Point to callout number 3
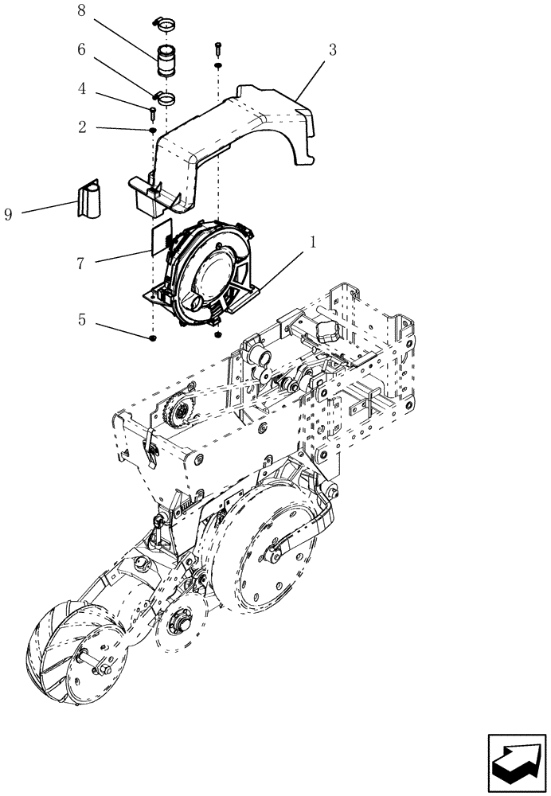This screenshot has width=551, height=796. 332,49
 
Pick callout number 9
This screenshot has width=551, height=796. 9,215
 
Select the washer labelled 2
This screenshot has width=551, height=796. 151,129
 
